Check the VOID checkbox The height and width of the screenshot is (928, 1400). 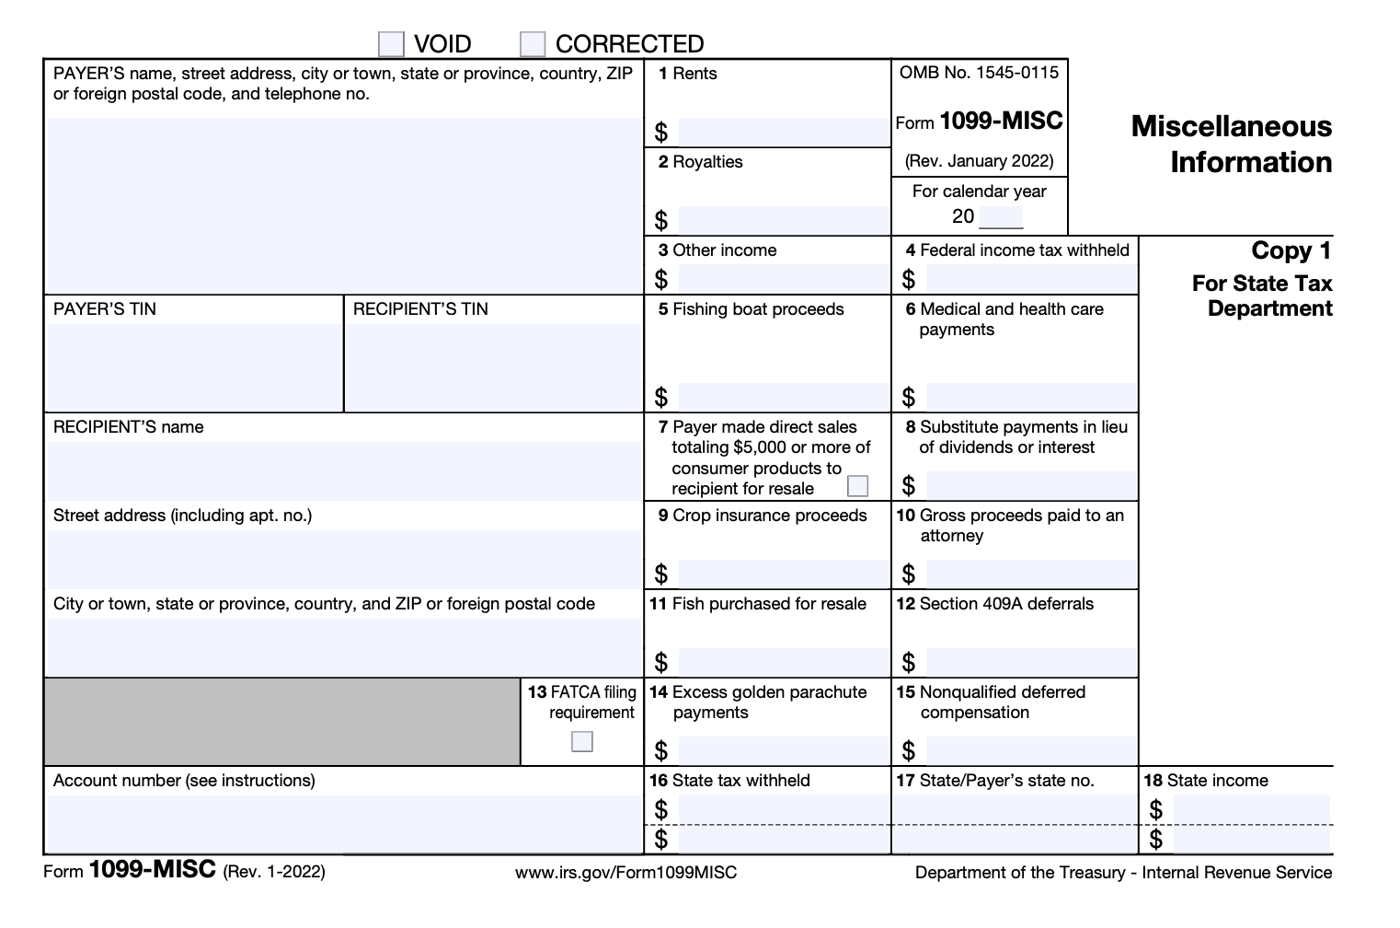coord(391,44)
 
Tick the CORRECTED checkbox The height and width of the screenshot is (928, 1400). coord(533,44)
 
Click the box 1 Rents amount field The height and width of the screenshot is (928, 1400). coord(782,132)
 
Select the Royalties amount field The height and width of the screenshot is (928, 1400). coord(782,220)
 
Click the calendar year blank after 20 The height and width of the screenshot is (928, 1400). coord(1001,217)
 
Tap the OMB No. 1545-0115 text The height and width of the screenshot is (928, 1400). coord(979,73)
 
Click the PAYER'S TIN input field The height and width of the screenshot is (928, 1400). coord(193,366)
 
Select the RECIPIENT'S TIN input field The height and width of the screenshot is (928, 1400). coord(493,366)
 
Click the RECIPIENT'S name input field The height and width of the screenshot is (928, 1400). coord(344,470)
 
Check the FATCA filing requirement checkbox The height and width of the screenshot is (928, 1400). coord(581,741)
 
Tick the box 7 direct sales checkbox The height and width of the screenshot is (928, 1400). coord(857,485)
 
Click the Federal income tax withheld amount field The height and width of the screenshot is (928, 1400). coord(1030,278)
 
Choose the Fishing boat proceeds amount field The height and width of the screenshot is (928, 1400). coord(782,397)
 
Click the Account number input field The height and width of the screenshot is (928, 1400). coord(344,823)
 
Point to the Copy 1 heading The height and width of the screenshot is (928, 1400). coord(1291,250)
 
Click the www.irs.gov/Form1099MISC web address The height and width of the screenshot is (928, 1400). coord(625,872)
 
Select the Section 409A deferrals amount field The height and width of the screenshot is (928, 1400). coord(1030,662)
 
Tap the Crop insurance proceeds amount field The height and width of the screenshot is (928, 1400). coord(782,574)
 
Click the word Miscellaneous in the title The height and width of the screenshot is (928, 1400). coord(1231,126)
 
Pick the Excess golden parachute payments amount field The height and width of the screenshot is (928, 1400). coord(782,750)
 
